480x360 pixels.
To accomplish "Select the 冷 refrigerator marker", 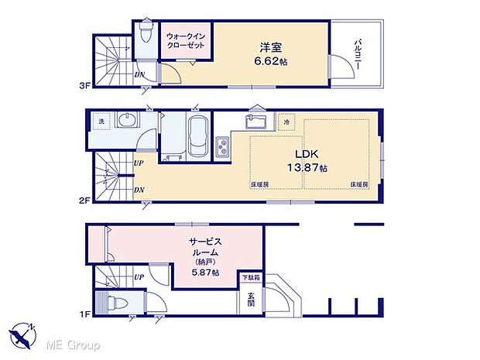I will click(x=286, y=122).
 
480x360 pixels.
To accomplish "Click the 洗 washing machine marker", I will click(x=101, y=122).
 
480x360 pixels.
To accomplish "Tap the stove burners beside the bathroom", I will click(x=222, y=146).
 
